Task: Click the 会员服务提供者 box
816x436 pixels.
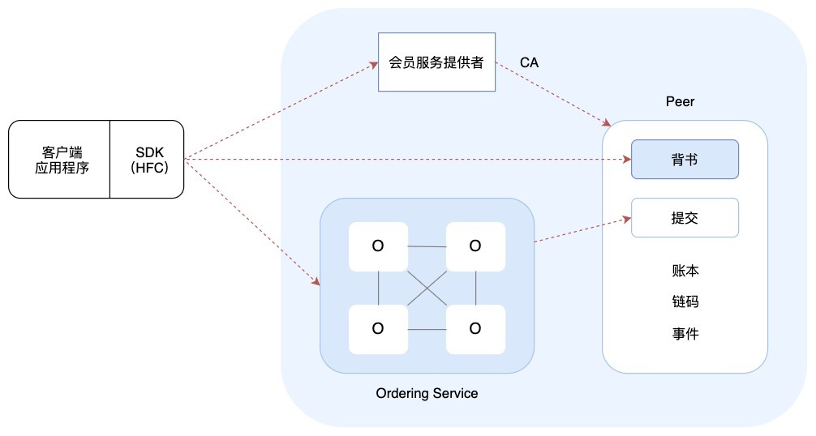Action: point(436,62)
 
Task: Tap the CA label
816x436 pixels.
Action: point(529,62)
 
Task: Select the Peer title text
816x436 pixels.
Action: point(680,102)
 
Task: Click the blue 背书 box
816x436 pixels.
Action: point(685,160)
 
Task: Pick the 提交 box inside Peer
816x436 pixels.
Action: point(685,218)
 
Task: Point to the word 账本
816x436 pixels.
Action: point(685,271)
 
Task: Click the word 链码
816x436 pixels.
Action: point(685,301)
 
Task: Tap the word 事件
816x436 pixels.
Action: point(685,333)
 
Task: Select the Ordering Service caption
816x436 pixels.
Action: point(427,394)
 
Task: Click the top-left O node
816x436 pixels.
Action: point(378,246)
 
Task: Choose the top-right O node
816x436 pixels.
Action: point(475,246)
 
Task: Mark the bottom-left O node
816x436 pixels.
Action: point(378,328)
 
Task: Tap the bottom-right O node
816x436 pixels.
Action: point(475,328)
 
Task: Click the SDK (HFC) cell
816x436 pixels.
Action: point(147,160)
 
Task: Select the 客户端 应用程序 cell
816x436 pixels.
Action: point(60,160)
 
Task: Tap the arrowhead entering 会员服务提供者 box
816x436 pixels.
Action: point(374,64)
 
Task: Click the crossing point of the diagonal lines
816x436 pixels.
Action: point(427,288)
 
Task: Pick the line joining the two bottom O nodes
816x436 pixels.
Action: point(427,329)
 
